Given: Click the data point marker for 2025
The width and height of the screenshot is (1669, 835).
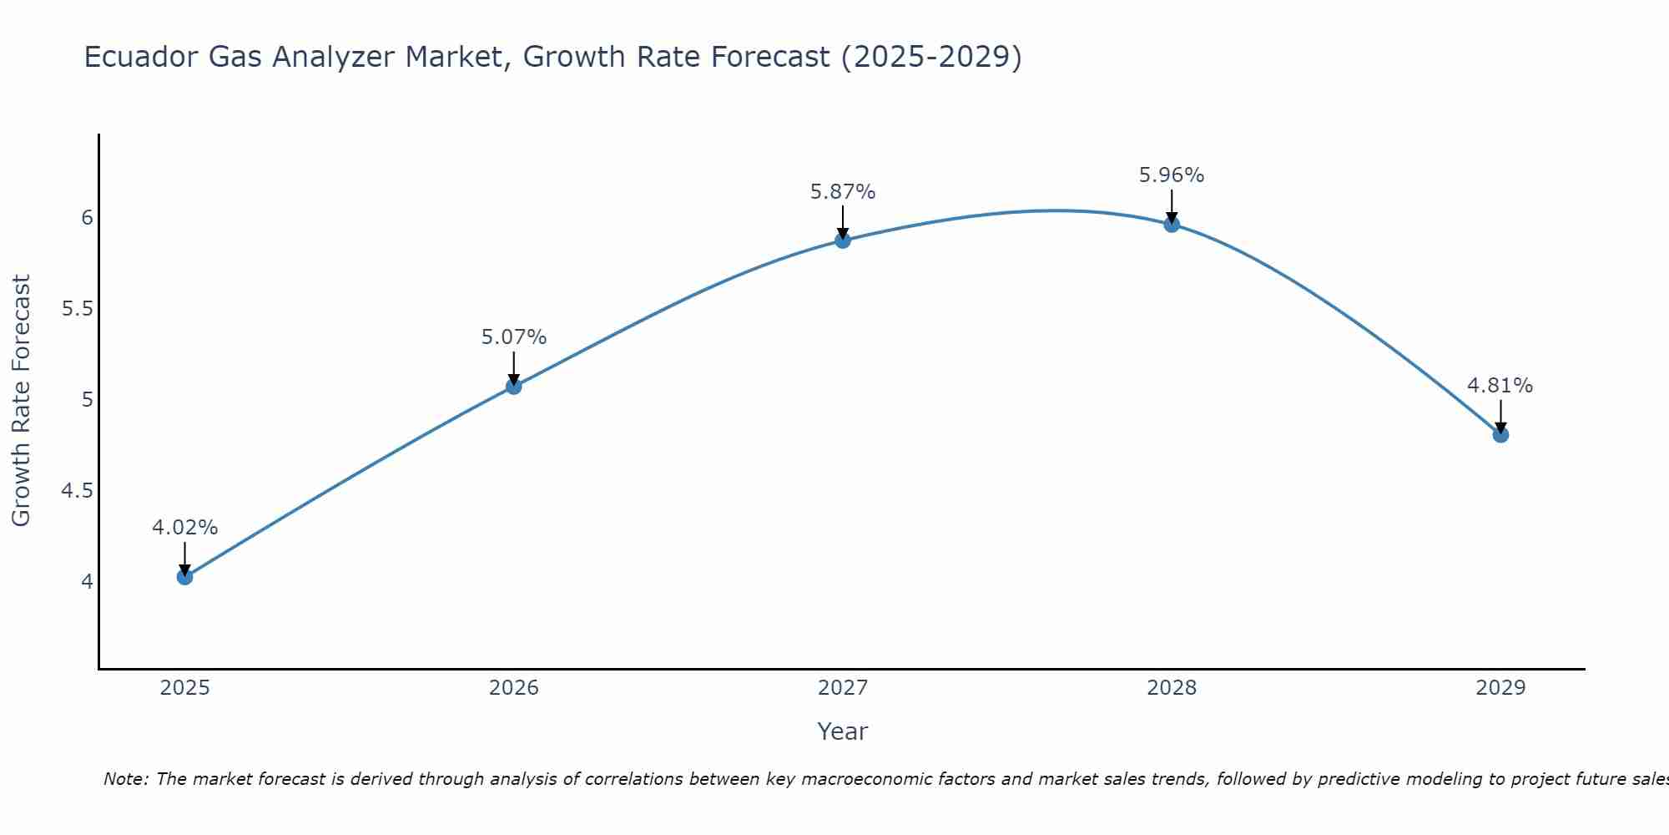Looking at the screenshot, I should tap(185, 577).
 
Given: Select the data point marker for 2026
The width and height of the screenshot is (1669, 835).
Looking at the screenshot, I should tap(514, 387).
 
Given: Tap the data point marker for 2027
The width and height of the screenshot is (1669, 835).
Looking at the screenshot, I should tap(843, 240).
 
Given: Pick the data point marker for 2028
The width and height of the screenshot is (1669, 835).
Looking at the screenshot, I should tap(1172, 224).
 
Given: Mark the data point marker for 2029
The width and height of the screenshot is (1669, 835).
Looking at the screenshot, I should tap(1500, 435).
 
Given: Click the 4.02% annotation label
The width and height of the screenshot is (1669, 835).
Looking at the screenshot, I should tap(185, 528).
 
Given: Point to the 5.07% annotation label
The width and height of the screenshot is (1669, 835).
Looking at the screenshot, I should tap(514, 337).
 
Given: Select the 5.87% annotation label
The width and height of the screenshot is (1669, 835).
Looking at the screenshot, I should tap(843, 192).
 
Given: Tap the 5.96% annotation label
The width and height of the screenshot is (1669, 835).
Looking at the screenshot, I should tap(1172, 175).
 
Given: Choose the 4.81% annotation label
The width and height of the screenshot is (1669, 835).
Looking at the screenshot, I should tap(1500, 386).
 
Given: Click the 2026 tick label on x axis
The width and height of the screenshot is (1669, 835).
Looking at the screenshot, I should tap(514, 688).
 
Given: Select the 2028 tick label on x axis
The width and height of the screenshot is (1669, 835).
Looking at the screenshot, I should tap(1172, 688).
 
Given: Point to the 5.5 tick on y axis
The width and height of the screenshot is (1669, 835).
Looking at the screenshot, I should tap(78, 309).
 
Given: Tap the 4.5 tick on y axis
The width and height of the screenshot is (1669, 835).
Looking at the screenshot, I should tap(78, 491).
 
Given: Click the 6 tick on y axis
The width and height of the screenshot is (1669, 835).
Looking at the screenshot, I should tap(87, 218).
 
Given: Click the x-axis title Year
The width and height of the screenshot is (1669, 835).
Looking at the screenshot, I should tap(843, 731).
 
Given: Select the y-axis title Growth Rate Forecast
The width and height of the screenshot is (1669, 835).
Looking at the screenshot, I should tap(22, 401).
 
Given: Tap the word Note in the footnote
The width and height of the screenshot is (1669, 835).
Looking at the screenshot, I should tap(125, 779).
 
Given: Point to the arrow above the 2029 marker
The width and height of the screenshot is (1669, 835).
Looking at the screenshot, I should tap(1500, 416).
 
